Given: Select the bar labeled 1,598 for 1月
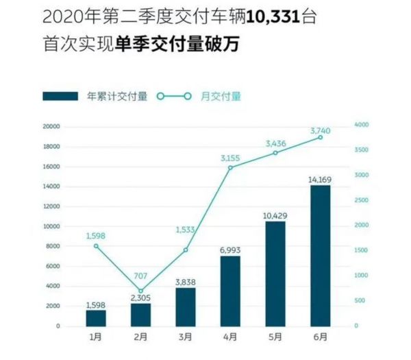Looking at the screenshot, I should click(96, 317).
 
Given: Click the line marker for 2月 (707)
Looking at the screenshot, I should click(140, 291).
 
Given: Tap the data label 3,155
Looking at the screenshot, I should click(230, 158).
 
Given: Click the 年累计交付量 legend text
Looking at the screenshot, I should click(117, 97).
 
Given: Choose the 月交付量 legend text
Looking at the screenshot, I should click(225, 97).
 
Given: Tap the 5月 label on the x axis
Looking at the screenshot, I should click(275, 338).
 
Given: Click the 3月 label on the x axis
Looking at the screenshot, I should click(186, 338).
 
